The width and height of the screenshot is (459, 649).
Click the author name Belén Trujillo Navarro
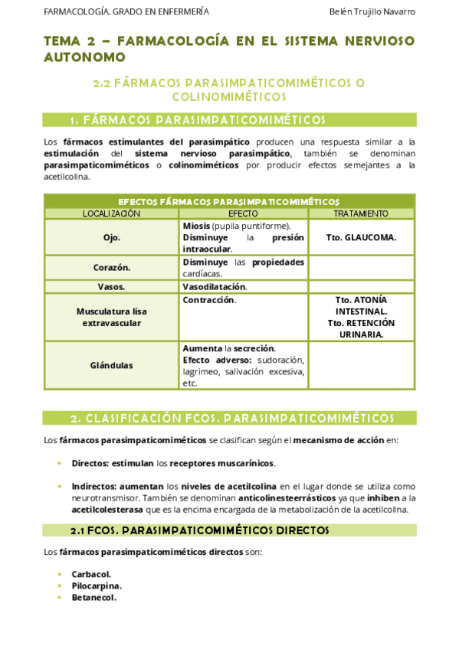coord(372,11)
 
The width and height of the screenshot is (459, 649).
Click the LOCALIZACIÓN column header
coord(111,214)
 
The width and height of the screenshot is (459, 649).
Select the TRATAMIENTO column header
coord(361,214)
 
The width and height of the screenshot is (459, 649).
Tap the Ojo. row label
coord(111,237)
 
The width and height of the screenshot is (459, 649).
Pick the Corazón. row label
coord(111,268)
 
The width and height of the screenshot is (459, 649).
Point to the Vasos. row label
coord(111,286)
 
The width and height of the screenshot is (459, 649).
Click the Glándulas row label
coord(111,365)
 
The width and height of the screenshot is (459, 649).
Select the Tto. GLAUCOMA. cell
coord(361,237)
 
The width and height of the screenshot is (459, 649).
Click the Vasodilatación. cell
coord(215,286)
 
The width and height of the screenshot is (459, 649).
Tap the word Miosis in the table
coord(196,226)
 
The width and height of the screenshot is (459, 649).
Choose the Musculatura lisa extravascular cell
coord(111,318)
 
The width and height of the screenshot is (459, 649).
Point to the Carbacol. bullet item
coord(91,574)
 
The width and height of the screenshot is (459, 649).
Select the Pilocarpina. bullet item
coord(97,585)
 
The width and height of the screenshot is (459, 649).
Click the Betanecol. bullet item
coord(93,597)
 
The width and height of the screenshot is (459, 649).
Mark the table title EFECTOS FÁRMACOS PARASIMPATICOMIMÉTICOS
coord(229,201)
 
